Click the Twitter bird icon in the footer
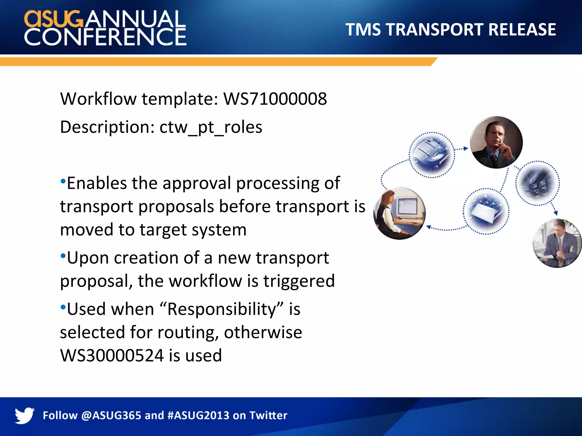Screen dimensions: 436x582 click(24, 415)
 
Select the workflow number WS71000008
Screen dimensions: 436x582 click(275, 99)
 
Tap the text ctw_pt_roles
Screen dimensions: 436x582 click(211, 127)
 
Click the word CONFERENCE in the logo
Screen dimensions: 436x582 click(105, 37)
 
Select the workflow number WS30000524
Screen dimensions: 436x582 click(112, 355)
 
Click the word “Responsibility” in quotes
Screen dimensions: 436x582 click(222, 309)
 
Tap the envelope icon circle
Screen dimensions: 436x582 click(486, 211)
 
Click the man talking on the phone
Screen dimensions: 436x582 click(496, 142)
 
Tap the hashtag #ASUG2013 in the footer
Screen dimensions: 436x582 click(198, 416)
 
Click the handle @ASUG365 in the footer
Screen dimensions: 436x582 click(111, 416)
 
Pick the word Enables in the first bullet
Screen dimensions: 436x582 click(97, 183)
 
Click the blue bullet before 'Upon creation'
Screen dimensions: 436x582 click(63, 255)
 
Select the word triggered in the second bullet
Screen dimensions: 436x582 click(299, 281)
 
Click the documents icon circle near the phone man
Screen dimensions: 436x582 click(431, 155)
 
